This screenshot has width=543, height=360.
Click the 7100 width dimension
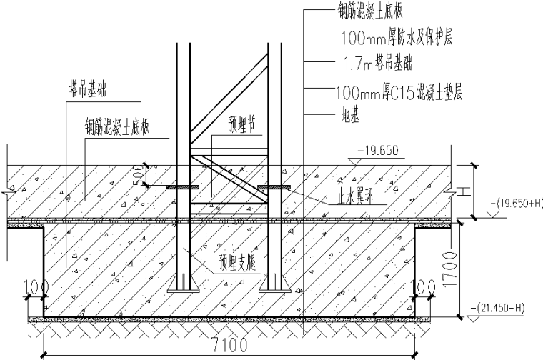click(229, 344)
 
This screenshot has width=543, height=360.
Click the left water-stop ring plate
click(184, 188)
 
